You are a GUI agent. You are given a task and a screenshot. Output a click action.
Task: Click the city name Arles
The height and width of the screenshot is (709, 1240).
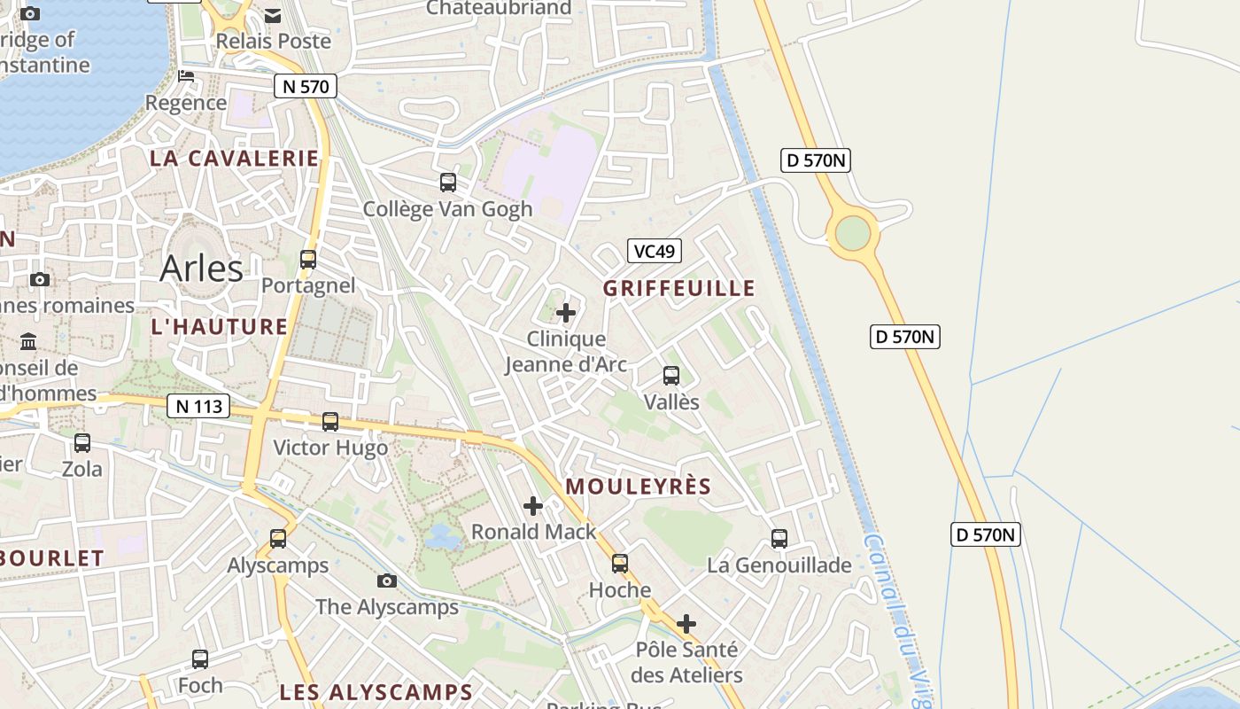(201, 268)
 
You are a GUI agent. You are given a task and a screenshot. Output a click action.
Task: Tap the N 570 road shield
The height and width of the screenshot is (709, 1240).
(306, 86)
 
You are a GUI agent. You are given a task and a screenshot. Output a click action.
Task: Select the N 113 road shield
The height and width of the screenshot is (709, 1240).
(198, 406)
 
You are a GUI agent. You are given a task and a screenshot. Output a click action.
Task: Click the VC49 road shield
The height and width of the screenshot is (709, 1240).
(655, 251)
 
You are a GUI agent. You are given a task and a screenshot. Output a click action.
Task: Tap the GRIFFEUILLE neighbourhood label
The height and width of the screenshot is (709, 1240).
(679, 288)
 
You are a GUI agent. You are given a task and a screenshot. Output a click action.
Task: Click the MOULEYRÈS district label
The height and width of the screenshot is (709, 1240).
(639, 487)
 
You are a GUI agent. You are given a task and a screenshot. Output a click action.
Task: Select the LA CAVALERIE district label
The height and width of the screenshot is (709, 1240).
(234, 159)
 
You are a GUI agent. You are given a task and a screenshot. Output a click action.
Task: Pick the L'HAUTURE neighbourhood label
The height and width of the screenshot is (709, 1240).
(220, 326)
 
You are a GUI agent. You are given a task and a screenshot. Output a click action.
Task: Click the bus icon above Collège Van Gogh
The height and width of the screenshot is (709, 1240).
(448, 183)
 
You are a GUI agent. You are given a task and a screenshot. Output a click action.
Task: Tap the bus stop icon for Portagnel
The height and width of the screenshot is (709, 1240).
(308, 260)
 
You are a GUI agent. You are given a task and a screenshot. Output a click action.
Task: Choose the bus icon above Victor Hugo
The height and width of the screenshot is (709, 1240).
(330, 422)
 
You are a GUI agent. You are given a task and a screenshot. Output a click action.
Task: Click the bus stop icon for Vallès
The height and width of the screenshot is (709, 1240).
(671, 376)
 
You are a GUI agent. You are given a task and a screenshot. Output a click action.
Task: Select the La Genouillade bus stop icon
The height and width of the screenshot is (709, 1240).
(779, 539)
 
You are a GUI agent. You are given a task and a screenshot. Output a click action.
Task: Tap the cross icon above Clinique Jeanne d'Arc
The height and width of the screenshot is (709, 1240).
(566, 313)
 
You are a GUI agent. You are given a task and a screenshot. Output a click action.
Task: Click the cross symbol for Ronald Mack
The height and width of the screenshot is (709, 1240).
(533, 506)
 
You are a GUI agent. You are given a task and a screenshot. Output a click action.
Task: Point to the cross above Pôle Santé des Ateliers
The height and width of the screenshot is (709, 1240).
(686, 624)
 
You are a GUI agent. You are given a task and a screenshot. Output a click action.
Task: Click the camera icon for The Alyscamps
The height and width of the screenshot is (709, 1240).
(387, 581)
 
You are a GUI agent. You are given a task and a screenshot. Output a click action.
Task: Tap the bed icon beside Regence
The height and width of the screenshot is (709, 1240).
(186, 76)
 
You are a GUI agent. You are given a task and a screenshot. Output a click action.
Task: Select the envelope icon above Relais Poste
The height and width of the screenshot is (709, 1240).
(273, 15)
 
